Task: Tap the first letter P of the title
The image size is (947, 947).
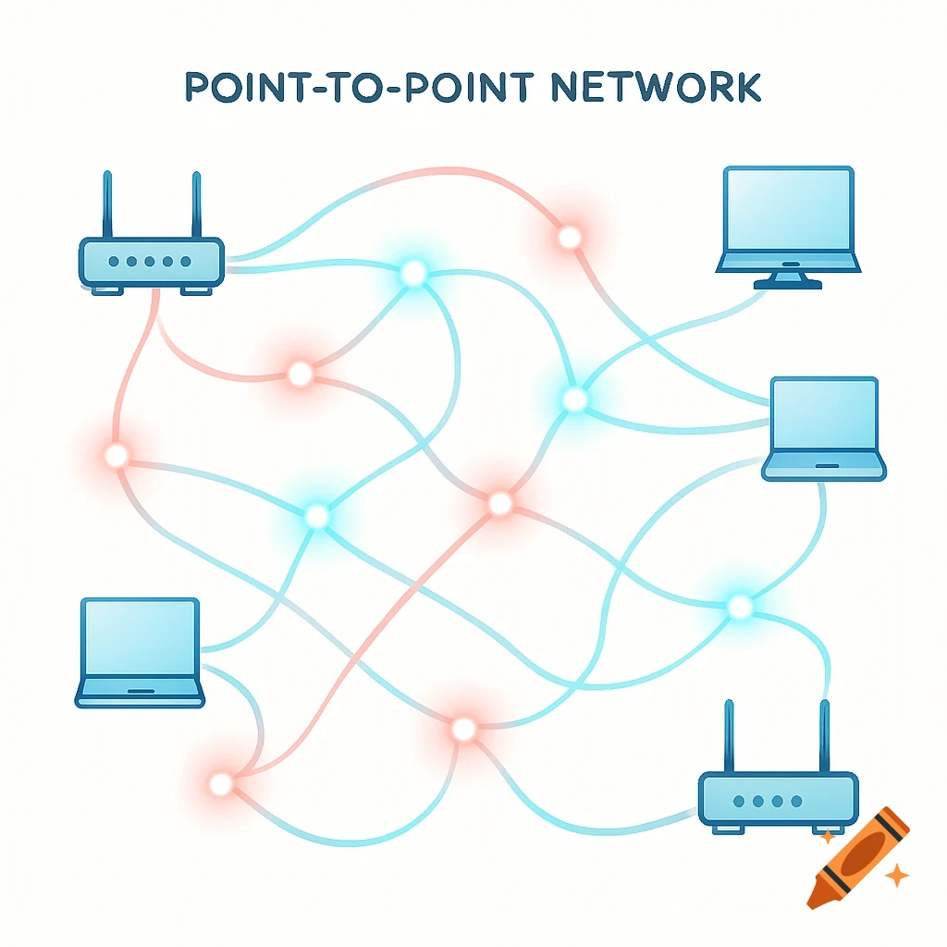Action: (x=200, y=86)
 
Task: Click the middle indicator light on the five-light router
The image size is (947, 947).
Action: (x=150, y=262)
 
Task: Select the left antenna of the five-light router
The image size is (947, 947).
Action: (x=107, y=203)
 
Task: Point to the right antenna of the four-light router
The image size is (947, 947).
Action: (x=821, y=735)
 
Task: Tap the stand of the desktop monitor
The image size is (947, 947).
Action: (x=788, y=278)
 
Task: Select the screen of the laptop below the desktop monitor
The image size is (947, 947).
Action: (x=823, y=414)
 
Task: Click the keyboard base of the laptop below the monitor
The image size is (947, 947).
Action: (x=823, y=466)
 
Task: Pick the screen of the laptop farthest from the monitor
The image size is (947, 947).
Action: (x=140, y=637)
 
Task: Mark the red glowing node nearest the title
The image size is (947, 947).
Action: (x=570, y=238)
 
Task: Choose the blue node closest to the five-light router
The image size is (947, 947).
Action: (x=412, y=273)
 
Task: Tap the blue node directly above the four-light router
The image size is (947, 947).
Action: (x=740, y=607)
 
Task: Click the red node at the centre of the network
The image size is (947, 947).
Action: (x=499, y=503)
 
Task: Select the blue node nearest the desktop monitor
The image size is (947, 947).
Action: (x=574, y=400)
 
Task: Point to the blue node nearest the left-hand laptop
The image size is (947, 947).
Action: (x=316, y=516)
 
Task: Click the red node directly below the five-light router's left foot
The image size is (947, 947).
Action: (x=117, y=455)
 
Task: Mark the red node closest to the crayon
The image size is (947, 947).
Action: (x=463, y=729)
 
